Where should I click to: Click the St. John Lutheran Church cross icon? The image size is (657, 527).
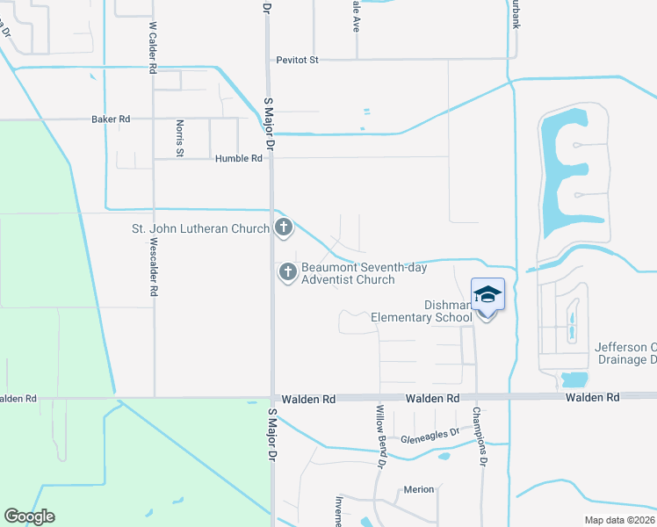click(283, 228)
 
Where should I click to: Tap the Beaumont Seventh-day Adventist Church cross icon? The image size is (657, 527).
click(287, 273)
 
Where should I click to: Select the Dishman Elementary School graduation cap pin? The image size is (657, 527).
click(488, 295)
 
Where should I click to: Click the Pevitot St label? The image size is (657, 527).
click(297, 60)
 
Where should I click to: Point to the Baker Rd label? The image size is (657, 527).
click(111, 119)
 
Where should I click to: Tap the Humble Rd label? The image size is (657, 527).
click(238, 159)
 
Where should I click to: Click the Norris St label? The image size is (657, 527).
click(179, 139)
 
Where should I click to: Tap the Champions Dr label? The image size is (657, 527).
click(479, 436)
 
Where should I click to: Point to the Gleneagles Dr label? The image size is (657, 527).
click(430, 432)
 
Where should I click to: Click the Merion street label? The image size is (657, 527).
click(419, 489)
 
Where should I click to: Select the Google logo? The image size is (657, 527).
click(29, 516)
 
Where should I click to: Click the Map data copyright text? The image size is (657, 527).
click(620, 520)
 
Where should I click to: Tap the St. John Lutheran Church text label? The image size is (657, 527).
click(200, 229)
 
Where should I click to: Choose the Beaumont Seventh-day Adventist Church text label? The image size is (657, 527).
click(348, 273)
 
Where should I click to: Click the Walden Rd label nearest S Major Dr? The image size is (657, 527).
click(317, 399)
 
